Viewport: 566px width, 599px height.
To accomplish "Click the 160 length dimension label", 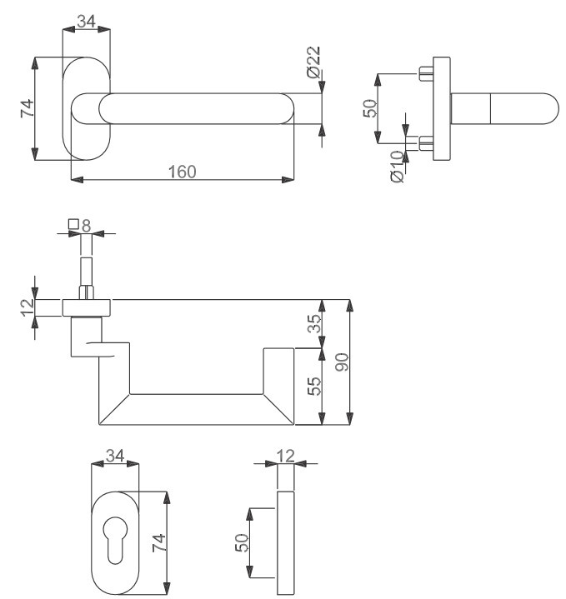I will tap(182, 171).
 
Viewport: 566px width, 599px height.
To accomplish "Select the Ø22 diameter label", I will tap(313, 63).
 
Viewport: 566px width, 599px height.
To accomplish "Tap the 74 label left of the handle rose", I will tap(25, 108).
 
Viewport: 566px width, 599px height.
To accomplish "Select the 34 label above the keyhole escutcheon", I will tap(114, 457).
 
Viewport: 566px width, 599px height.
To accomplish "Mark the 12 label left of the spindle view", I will tap(25, 306).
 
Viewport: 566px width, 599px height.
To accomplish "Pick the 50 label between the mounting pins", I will tap(371, 108).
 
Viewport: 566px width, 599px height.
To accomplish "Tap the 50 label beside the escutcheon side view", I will tap(241, 543).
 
